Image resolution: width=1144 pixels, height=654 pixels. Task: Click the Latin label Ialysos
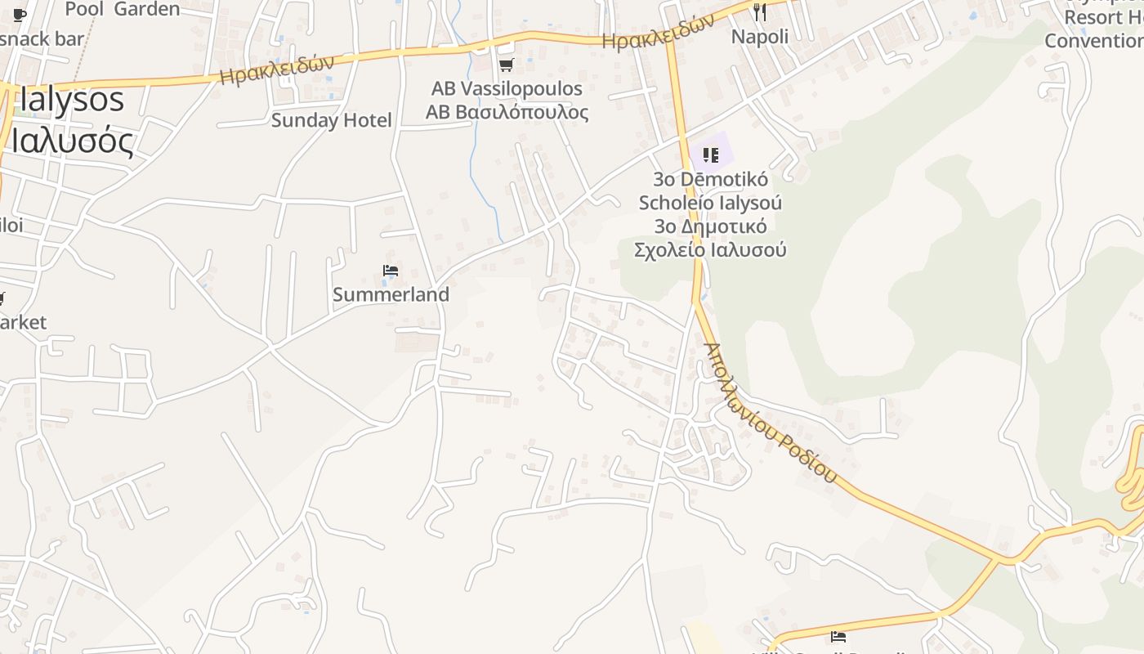(x=72, y=100)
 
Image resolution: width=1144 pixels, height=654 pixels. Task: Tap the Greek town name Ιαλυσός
(x=72, y=141)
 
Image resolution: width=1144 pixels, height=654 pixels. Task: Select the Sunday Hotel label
(x=331, y=120)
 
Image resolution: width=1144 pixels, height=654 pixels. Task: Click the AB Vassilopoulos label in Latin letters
(x=507, y=88)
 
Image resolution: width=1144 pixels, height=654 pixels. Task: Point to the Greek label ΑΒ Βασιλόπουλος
(x=507, y=111)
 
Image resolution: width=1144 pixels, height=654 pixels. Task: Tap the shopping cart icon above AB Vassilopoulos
(x=506, y=65)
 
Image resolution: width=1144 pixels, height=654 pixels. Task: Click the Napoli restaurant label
(x=759, y=37)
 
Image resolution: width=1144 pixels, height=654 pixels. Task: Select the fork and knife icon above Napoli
(x=760, y=11)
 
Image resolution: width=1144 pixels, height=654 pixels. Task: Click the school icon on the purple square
(x=711, y=155)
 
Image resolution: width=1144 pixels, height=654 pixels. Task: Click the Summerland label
(x=391, y=294)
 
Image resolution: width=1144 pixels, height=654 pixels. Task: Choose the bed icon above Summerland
(x=391, y=271)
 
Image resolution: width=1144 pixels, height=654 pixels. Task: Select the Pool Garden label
(x=123, y=9)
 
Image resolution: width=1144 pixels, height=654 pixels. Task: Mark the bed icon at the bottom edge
(x=838, y=637)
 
